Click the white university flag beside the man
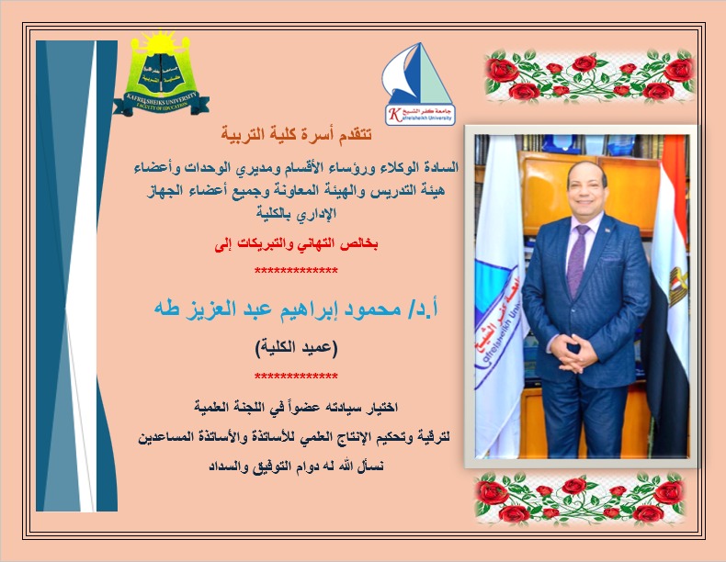point(495,303)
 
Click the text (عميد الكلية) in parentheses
point(295,348)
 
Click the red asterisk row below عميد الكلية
point(295,376)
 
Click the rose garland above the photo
point(588,78)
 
